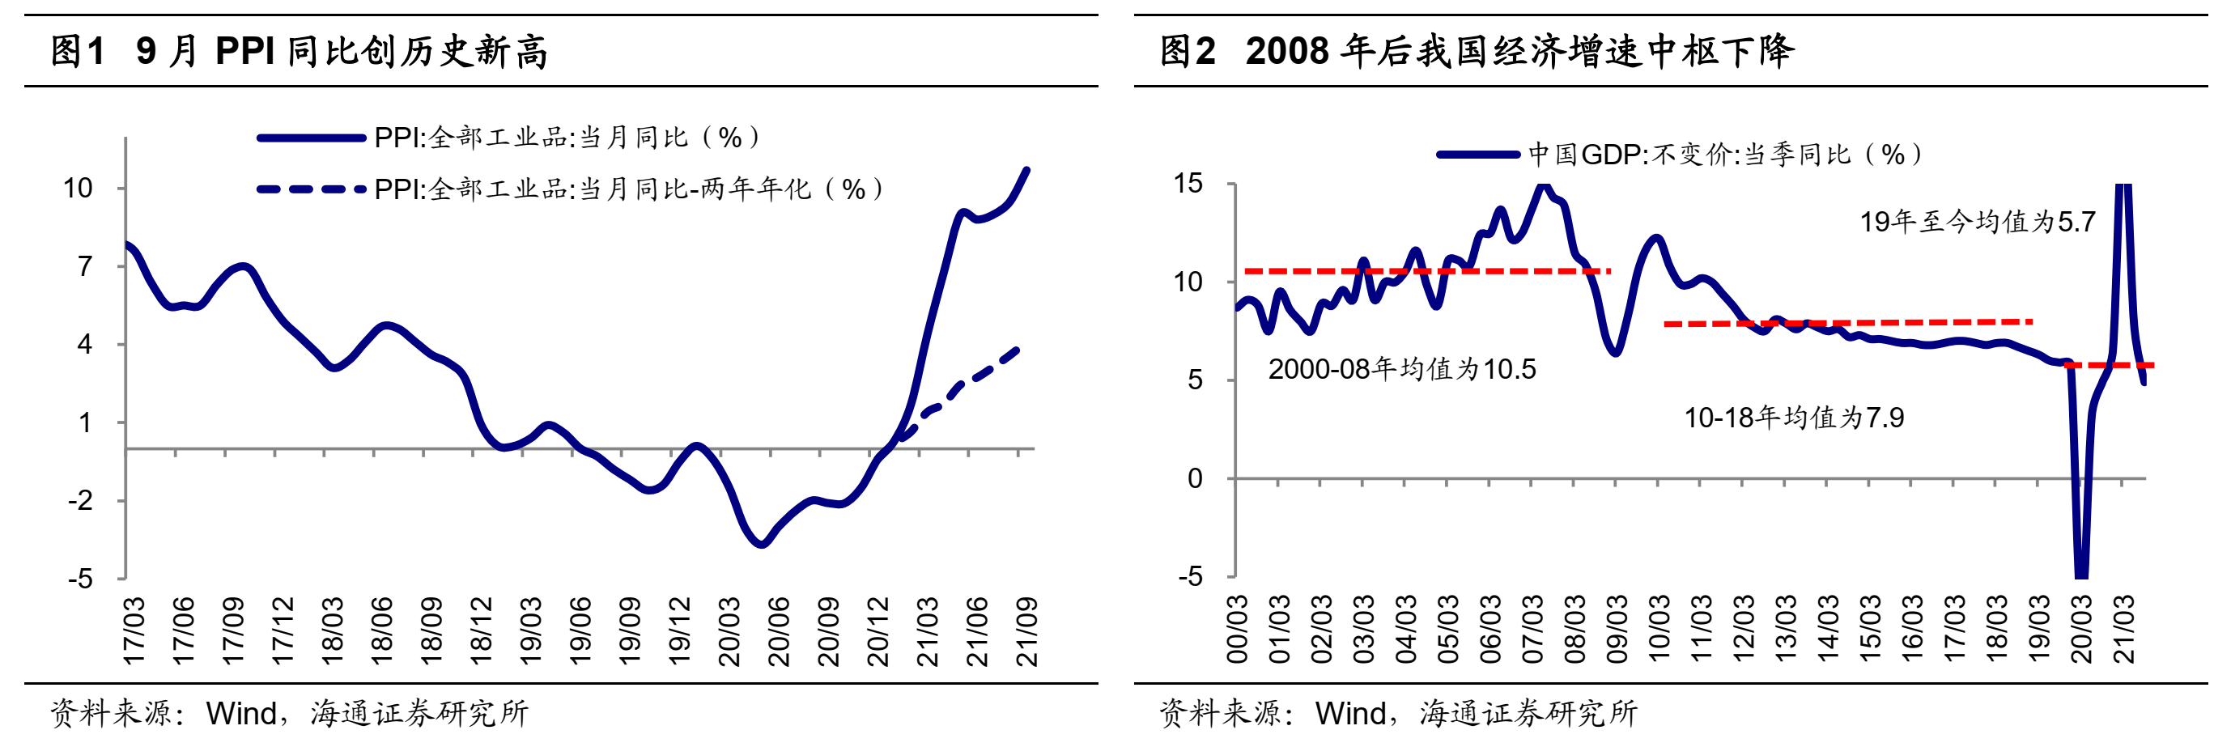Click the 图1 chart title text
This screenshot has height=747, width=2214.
point(299,51)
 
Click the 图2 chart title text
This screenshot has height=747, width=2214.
point(1476,51)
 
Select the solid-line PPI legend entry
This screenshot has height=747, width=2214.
point(507,138)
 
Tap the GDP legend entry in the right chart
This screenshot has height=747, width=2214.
point(1681,155)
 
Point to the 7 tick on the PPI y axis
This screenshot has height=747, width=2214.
point(84,266)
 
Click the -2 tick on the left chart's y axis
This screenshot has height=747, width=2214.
point(80,500)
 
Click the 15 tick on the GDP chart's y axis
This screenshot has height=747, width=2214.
point(1188,183)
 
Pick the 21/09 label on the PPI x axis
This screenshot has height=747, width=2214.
point(1026,632)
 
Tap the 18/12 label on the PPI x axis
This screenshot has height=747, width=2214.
point(482,632)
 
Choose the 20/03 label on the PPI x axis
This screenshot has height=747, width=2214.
point(729,632)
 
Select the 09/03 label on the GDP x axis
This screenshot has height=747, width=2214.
point(1617,629)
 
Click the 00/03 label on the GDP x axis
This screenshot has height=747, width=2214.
point(1237,629)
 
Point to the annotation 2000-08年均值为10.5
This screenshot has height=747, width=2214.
point(1402,370)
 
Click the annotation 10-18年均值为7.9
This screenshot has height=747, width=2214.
point(1793,418)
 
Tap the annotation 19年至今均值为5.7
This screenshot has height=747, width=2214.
point(1978,222)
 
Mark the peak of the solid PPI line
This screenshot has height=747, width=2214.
point(1027,169)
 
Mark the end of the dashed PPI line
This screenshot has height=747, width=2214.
point(1017,350)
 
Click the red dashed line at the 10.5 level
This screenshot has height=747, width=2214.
point(1426,271)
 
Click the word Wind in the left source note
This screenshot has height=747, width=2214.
point(241,714)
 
